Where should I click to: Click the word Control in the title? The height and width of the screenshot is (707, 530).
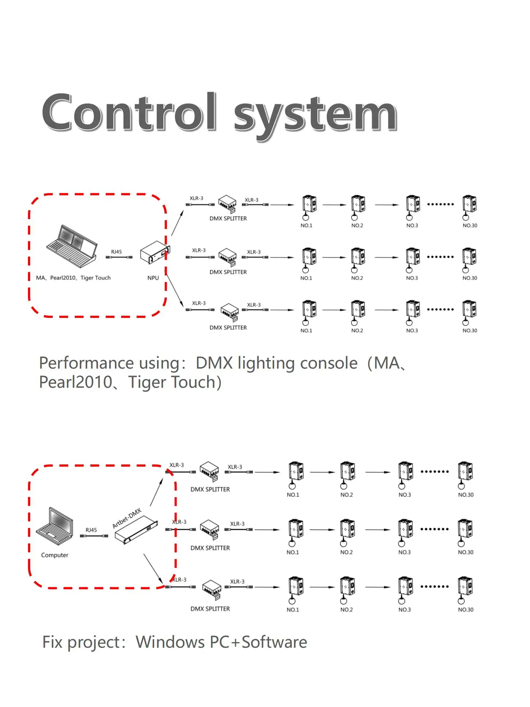click(129, 112)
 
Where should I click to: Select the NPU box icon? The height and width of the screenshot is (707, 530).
click(155, 253)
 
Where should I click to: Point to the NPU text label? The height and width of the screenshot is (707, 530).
click(153, 278)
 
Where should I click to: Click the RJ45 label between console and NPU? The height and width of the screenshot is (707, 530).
click(116, 252)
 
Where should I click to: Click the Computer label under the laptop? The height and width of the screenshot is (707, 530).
click(55, 555)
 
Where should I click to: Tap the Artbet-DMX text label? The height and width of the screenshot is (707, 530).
click(127, 518)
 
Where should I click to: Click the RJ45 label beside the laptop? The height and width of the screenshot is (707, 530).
click(91, 530)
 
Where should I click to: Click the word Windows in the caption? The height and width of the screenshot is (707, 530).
click(170, 642)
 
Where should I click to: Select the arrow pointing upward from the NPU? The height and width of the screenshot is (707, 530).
click(177, 223)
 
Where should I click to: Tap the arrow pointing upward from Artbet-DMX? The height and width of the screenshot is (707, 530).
click(156, 492)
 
